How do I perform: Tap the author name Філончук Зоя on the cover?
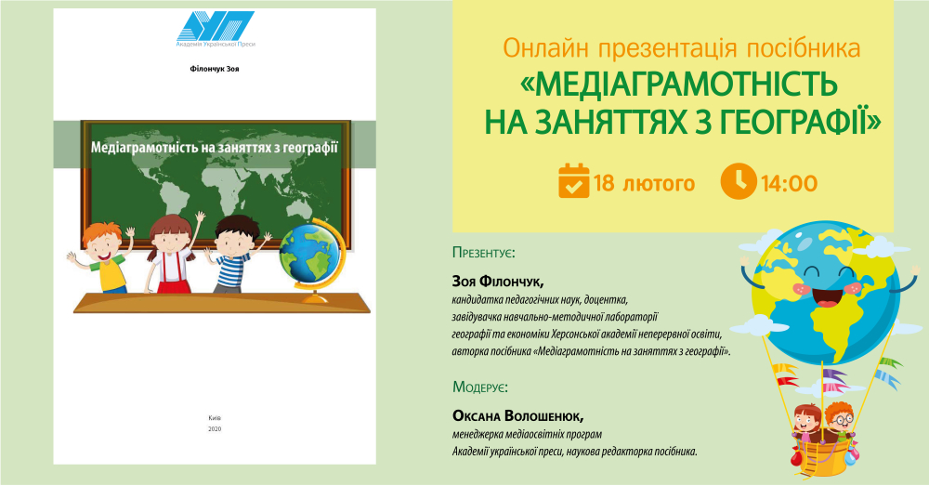tap(215, 69)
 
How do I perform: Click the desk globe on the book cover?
tap(310, 260)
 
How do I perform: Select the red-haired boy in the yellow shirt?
tap(100, 257)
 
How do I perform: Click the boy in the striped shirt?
tap(235, 255)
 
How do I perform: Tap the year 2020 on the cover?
tap(215, 428)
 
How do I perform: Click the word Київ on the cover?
tap(215, 418)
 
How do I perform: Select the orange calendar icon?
tap(573, 181)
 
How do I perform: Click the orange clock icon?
tap(739, 181)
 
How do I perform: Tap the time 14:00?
tap(789, 183)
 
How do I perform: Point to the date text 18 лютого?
tap(644, 183)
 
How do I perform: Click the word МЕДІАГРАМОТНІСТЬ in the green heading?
tap(679, 85)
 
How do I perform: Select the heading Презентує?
tap(483, 253)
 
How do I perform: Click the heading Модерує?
tap(480, 387)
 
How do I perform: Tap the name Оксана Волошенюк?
tap(518, 415)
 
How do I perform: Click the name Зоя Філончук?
tap(498, 281)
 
